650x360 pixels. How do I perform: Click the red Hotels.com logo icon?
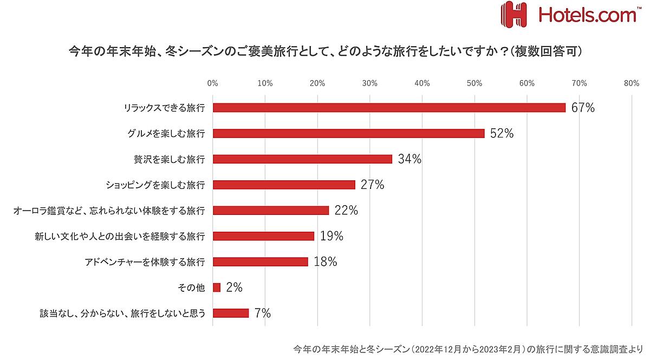[513, 14]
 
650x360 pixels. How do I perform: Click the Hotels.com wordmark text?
[587, 14]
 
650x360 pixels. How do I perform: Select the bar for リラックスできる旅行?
[389, 108]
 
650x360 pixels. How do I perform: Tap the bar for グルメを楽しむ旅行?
[348, 133]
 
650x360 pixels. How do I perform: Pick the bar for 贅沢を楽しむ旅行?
[302, 159]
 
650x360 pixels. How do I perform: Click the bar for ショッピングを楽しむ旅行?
[284, 185]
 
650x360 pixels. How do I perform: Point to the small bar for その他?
[217, 287]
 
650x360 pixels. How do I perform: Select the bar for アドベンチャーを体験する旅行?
[260, 262]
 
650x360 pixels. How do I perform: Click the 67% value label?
[583, 108]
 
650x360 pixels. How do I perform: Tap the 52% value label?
[501, 133]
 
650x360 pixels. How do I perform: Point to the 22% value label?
[346, 211]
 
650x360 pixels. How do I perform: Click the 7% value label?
[262, 313]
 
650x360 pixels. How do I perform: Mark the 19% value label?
[331, 236]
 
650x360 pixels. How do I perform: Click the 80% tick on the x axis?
[632, 83]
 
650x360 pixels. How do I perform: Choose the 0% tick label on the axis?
[213, 83]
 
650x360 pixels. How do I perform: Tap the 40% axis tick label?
[422, 83]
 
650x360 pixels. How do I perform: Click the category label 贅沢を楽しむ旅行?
[169, 159]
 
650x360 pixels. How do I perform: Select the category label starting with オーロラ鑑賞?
[109, 211]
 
